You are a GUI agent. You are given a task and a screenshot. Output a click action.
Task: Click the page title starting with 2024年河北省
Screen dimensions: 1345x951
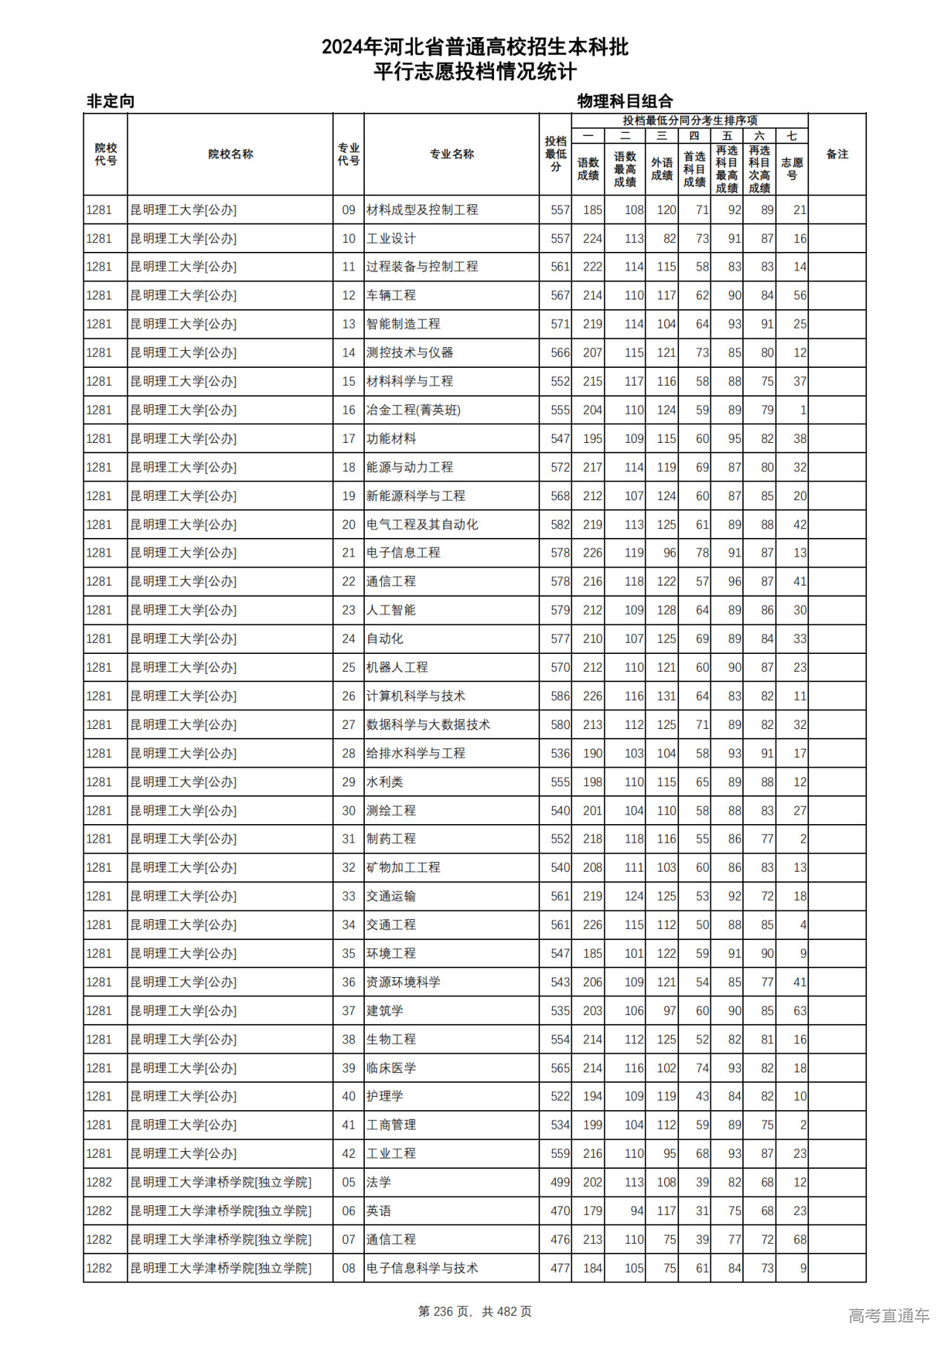coord(475,48)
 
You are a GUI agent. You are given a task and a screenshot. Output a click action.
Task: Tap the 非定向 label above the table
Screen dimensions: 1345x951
coord(111,101)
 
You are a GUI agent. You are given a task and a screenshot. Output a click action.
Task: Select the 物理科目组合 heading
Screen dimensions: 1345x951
coord(625,101)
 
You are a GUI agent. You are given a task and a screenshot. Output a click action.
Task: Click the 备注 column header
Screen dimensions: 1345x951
coord(837,155)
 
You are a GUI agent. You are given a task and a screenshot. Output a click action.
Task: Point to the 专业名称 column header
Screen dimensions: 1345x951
coord(451,155)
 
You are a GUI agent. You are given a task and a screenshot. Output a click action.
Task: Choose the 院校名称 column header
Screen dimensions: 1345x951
coord(230,155)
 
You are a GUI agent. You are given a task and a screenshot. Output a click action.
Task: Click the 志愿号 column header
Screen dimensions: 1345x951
coord(791,169)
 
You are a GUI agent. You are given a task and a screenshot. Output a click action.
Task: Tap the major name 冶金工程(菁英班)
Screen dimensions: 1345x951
coord(413,410)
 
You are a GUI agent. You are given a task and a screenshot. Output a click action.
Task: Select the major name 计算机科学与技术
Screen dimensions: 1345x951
coord(415,696)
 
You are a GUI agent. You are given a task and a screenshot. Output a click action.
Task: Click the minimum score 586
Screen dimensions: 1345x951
coord(560,696)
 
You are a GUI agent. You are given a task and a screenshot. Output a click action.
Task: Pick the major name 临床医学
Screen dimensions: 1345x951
coord(391,1068)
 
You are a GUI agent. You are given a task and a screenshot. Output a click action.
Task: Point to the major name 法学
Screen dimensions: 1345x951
coord(378,1182)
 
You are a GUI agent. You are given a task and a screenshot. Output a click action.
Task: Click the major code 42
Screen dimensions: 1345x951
coord(348,1153)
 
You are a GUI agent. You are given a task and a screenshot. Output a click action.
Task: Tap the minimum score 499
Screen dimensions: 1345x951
coord(560,1182)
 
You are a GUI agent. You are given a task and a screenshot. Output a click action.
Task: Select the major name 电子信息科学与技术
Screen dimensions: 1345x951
coord(421,1268)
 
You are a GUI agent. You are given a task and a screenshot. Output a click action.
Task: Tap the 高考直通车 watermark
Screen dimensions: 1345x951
coord(889,1315)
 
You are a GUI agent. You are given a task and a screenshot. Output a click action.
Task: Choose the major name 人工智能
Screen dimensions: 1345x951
coord(391,610)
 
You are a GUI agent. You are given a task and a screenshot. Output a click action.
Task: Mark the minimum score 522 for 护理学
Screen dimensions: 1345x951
coord(560,1096)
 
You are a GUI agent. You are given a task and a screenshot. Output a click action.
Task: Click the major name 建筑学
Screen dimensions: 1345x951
coord(384,1011)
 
